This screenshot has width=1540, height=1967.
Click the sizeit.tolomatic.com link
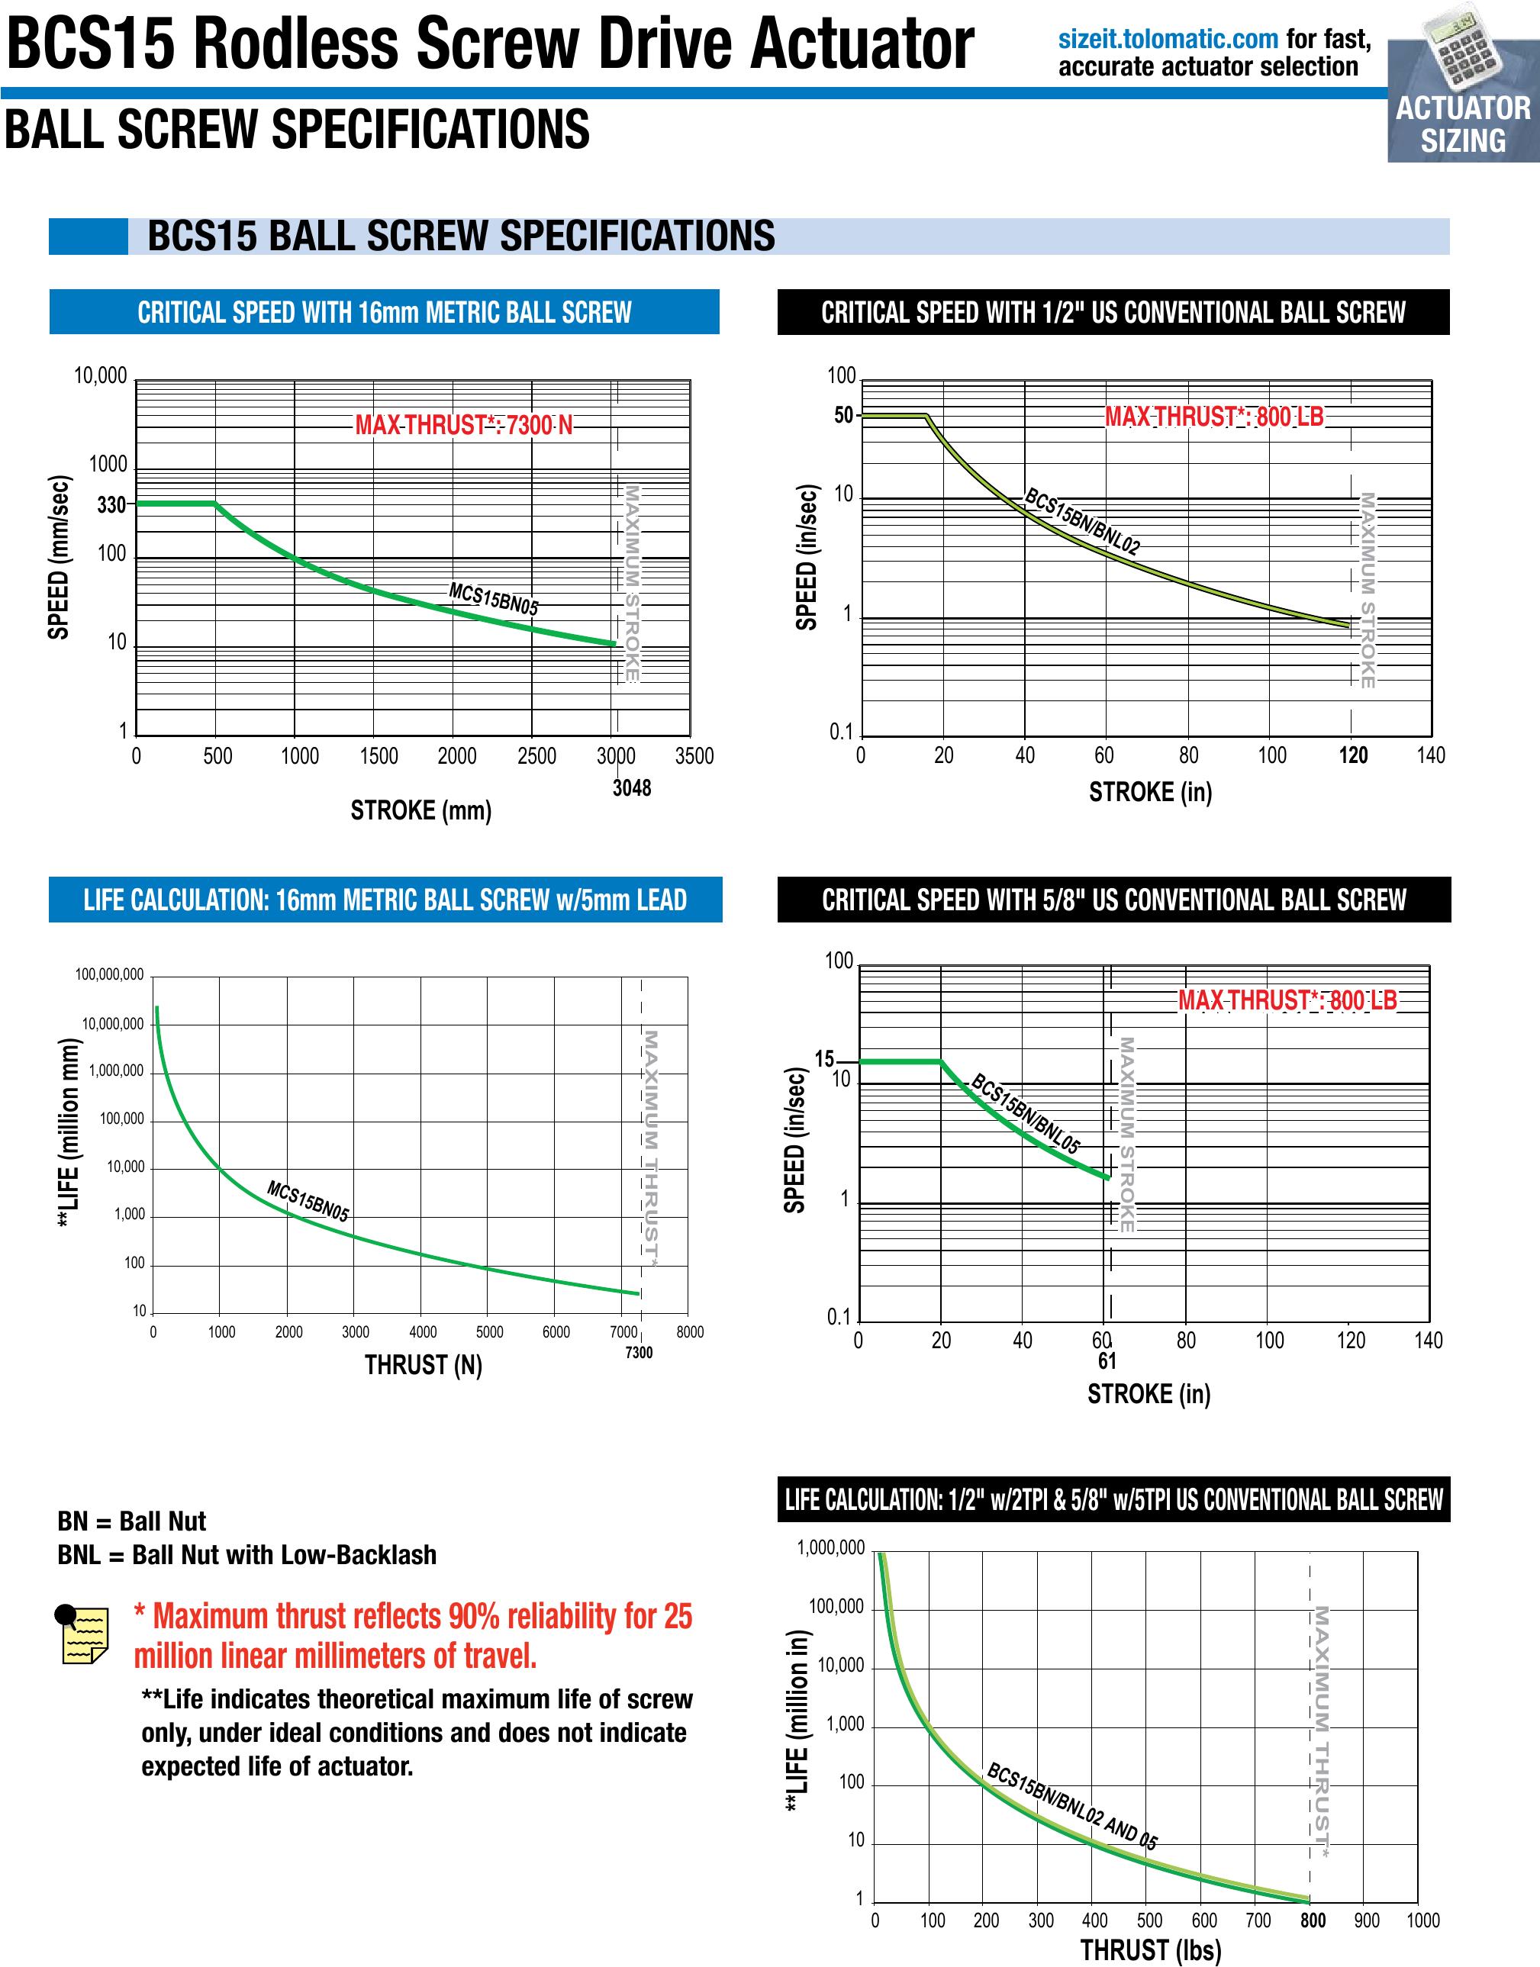coord(1168,40)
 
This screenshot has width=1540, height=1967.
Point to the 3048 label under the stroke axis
coord(631,788)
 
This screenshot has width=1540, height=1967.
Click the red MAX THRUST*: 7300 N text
coord(463,424)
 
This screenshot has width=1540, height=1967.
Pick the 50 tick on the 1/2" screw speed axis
coord(843,416)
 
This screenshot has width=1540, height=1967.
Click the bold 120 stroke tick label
coord(1352,755)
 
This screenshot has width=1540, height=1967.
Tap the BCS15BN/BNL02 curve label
coord(1082,521)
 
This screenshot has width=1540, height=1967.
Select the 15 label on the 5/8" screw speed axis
coord(824,1059)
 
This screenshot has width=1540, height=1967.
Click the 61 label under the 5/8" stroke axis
coord(1107,1361)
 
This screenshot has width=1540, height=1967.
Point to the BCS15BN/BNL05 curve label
coord(1024,1114)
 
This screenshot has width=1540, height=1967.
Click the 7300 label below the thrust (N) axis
coord(639,1352)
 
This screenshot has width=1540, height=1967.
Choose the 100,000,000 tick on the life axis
coord(109,974)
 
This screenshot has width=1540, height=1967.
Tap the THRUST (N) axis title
coord(423,1366)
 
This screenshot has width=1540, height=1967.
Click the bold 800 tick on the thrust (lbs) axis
coord(1312,1920)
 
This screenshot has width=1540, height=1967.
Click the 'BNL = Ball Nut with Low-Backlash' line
coord(246,1555)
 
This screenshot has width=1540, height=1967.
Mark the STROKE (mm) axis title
coord(420,810)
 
